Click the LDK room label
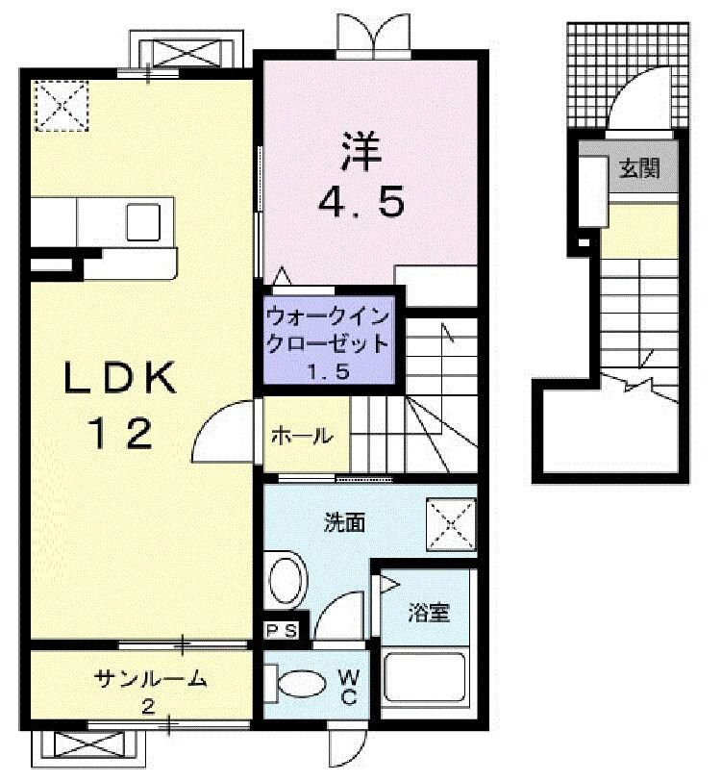[x=121, y=379]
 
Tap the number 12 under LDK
[x=121, y=436]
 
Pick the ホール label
[x=301, y=436]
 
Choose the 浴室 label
[x=429, y=613]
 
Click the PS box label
[x=283, y=631]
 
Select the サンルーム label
[x=151, y=679]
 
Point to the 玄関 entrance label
[x=638, y=170]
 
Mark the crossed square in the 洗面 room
[x=451, y=525]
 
